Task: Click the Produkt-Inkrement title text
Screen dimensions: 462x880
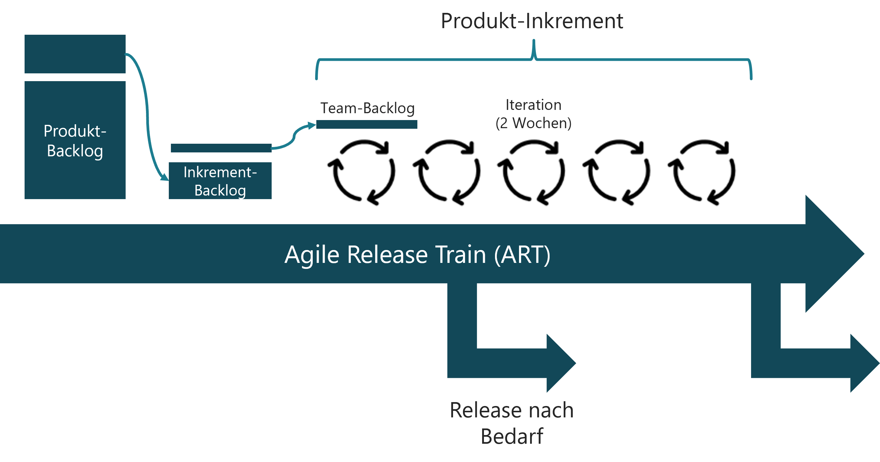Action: tap(532, 21)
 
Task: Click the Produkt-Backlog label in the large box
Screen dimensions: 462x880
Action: tap(75, 141)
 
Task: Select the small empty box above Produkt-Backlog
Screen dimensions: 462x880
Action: tap(75, 54)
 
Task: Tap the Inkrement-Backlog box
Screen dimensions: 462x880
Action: tap(220, 181)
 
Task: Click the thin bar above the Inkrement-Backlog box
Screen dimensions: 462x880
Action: tap(221, 148)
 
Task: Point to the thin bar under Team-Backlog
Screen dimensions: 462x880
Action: tap(367, 124)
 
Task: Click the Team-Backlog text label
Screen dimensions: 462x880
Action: tap(367, 108)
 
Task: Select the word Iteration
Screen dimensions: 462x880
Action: tap(533, 105)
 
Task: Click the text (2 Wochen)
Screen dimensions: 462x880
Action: tap(533, 123)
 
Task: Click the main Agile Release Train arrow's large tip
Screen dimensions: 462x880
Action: tap(834, 254)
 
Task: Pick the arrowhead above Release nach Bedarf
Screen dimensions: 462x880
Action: tap(560, 363)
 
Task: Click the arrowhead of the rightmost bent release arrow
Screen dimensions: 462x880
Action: tap(864, 363)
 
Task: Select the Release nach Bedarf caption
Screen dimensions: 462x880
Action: tap(512, 423)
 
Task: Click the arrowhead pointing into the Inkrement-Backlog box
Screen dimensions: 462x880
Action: tap(165, 177)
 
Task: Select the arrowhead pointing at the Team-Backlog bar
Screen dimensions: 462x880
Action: tap(312, 125)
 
